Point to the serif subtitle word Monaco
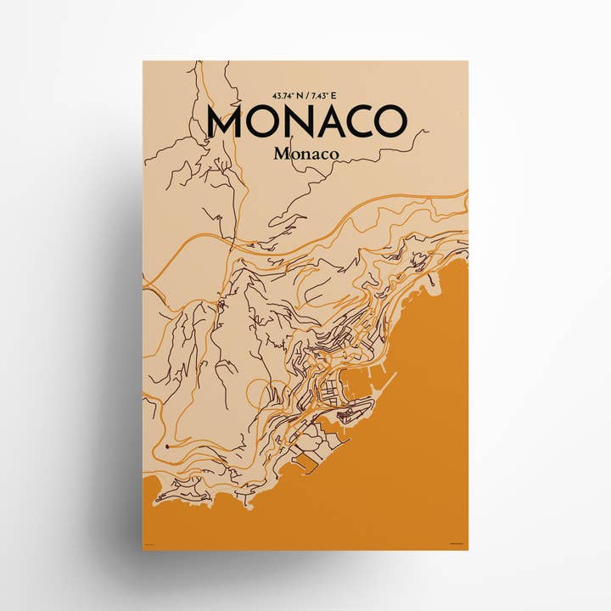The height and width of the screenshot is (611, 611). point(306,154)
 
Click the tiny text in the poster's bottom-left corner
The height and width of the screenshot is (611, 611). point(150,544)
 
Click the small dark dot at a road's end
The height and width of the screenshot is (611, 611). point(169,444)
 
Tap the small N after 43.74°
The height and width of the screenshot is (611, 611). point(299,94)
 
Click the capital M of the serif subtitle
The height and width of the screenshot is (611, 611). point(281,154)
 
